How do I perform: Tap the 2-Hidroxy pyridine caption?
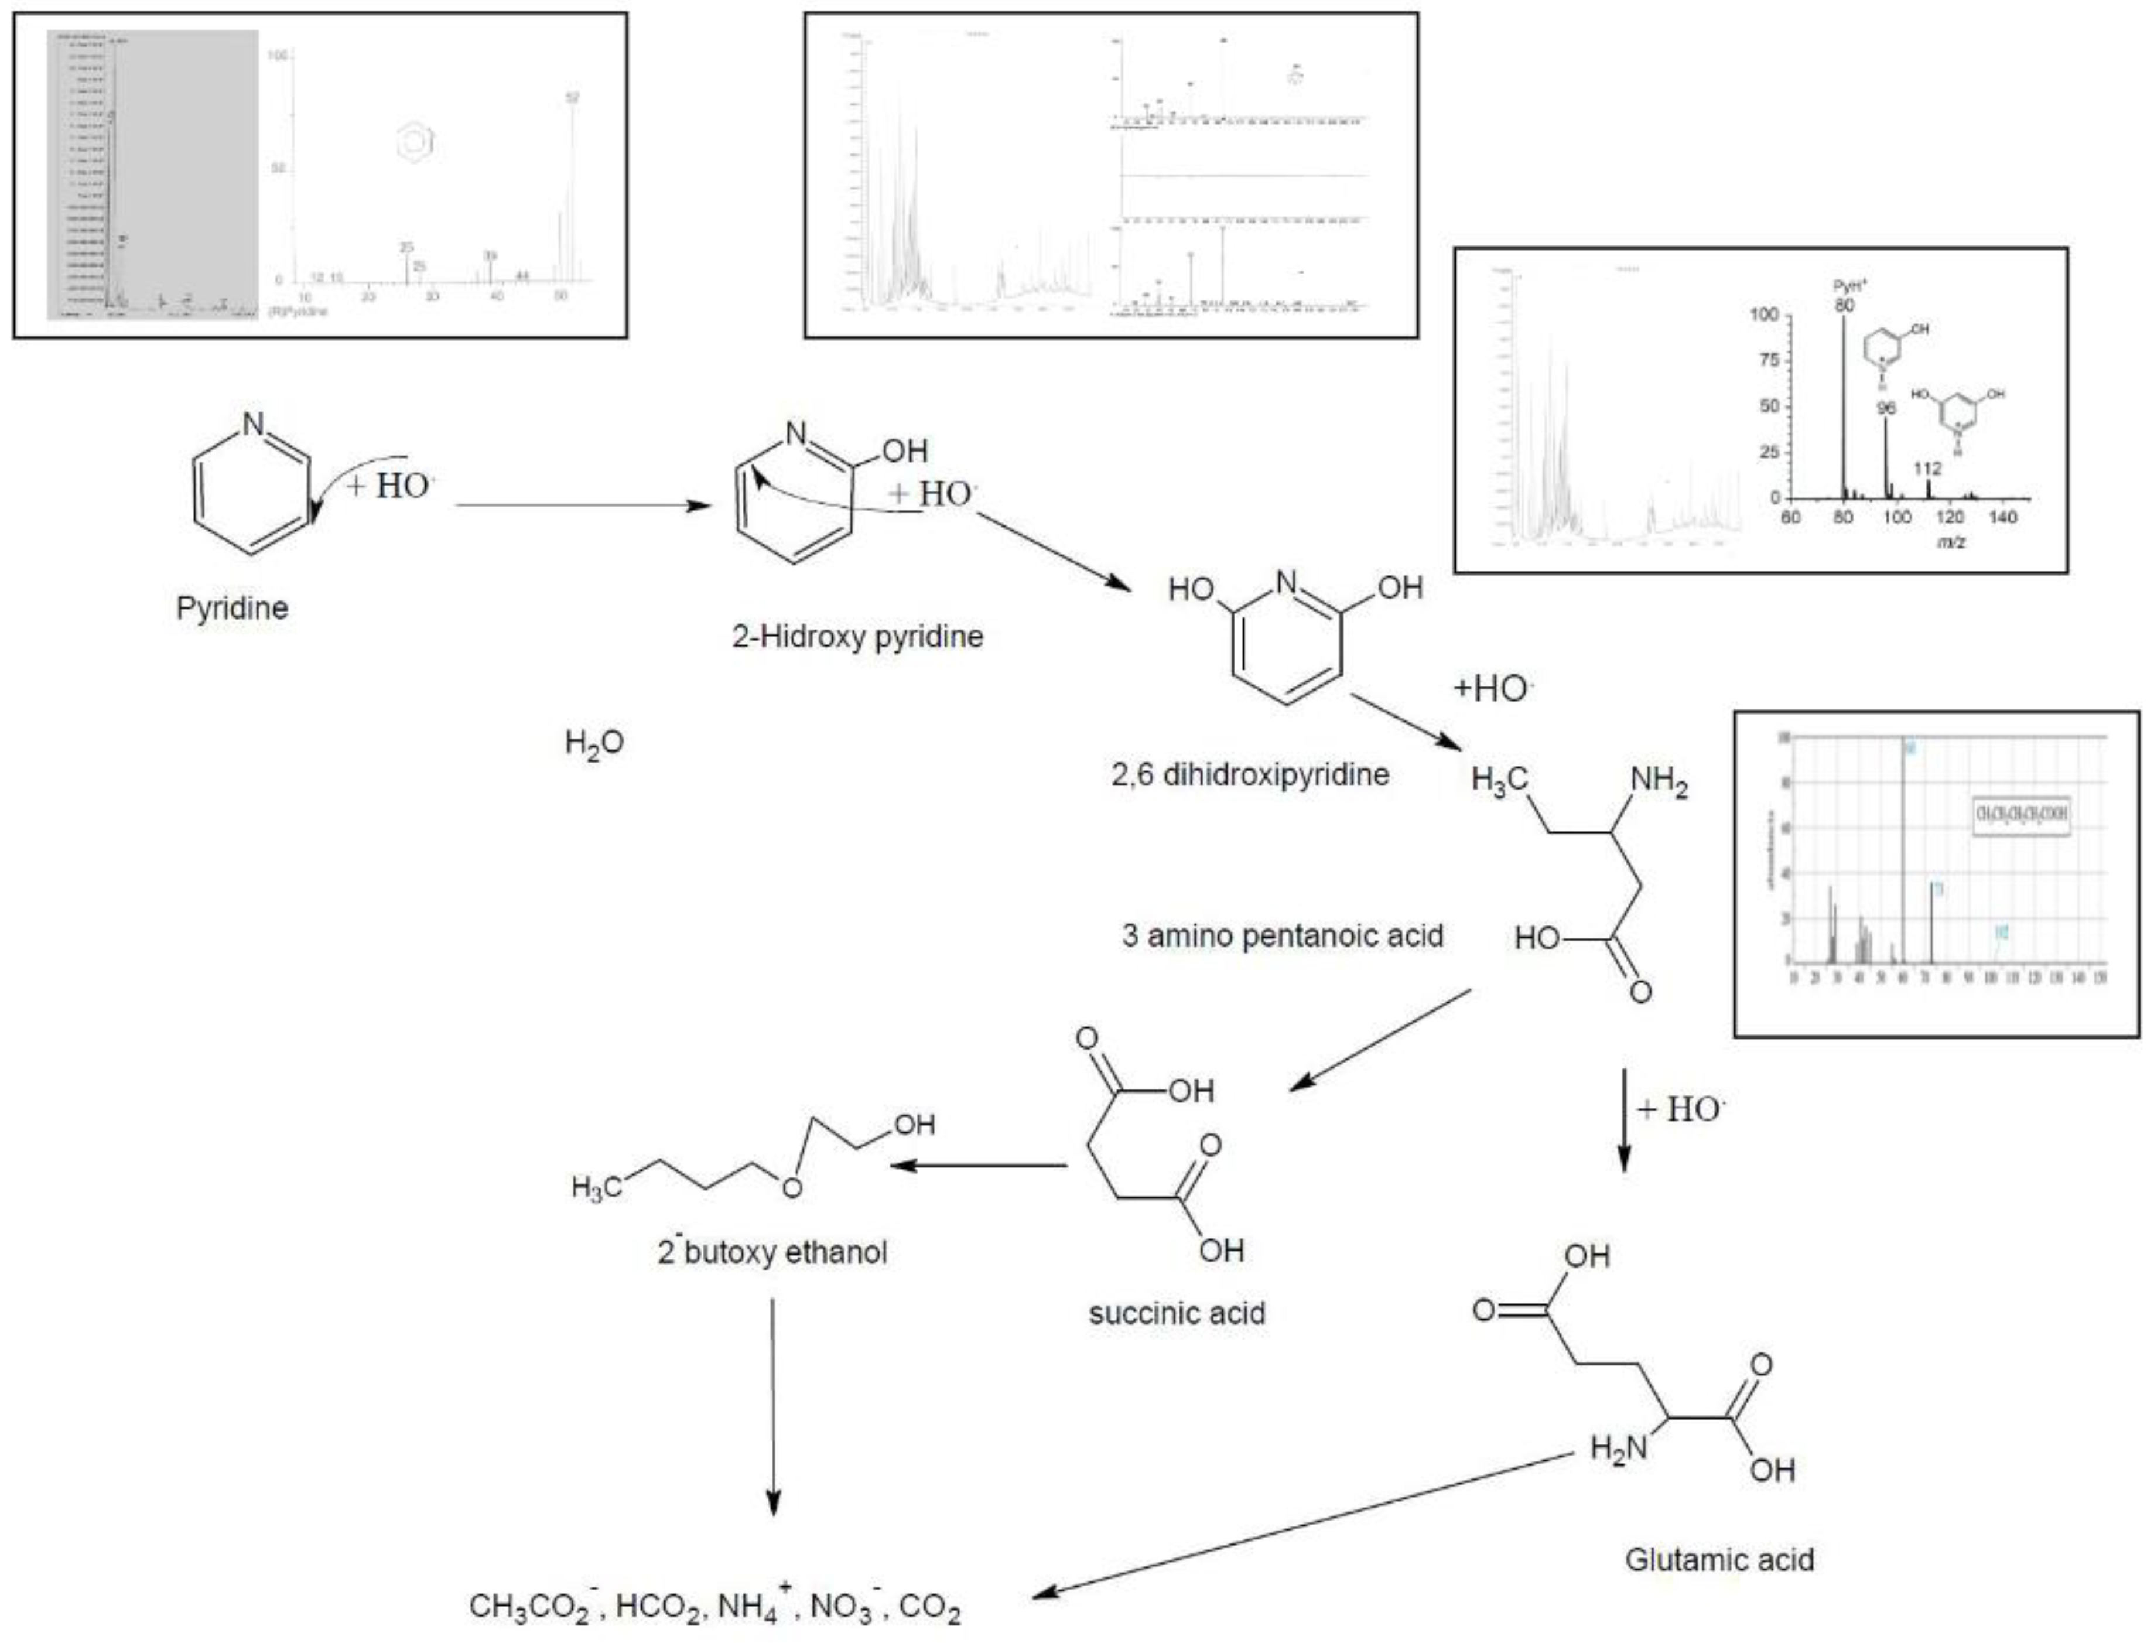click(x=857, y=637)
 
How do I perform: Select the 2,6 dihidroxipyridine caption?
click(x=1250, y=774)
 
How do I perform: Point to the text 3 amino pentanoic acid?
click(x=1282, y=936)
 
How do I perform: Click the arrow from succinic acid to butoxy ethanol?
click(x=978, y=1165)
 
